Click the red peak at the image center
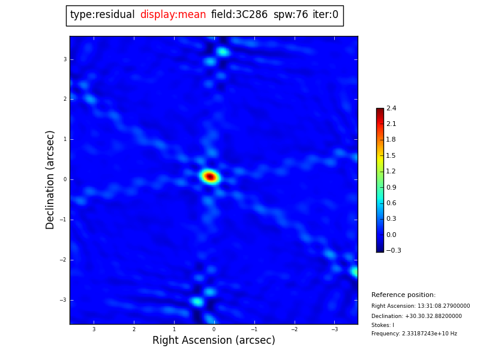coord(210,176)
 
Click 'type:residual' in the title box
coord(102,15)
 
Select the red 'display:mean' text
coord(173,15)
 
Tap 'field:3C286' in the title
coord(239,15)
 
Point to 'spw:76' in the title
coord(290,15)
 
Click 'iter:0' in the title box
coord(325,15)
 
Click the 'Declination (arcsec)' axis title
coord(50,179)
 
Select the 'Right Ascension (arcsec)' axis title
coord(214,341)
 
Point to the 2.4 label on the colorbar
coord(391,109)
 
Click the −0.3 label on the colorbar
coord(394,251)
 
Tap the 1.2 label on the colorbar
coord(391,172)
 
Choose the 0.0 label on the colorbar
coord(391,235)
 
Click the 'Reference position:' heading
coord(403,295)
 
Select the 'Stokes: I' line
coord(383,325)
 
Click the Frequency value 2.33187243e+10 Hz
coord(414,334)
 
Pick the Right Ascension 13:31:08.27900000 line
coord(421,306)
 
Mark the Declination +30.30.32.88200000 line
coord(416,316)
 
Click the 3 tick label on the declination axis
coord(65,59)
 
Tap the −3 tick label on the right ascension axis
coord(334,329)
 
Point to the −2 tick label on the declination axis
coord(64,260)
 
